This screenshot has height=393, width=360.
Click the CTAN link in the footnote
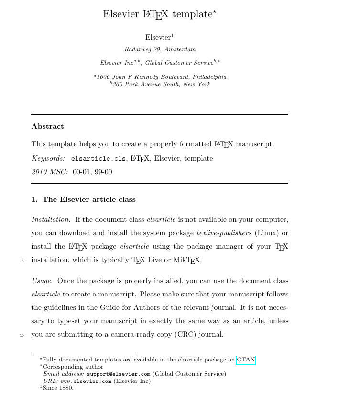pyautogui.click(x=246, y=360)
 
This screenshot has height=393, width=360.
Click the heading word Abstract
pyautogui.click(x=47, y=127)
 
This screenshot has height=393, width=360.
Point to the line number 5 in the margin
pyautogui.click(x=22, y=261)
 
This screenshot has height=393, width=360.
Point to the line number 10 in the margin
pyautogui.click(x=22, y=335)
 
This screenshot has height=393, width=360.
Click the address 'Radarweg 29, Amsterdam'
pyautogui.click(x=160, y=49)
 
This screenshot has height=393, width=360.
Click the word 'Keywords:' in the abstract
pyautogui.click(x=48, y=158)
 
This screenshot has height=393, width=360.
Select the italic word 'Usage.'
pyautogui.click(x=42, y=281)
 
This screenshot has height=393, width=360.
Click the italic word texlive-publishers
pyautogui.click(x=224, y=233)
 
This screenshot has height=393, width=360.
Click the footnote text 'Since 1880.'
pyautogui.click(x=58, y=388)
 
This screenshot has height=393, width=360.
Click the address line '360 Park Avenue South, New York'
pyautogui.click(x=161, y=85)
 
